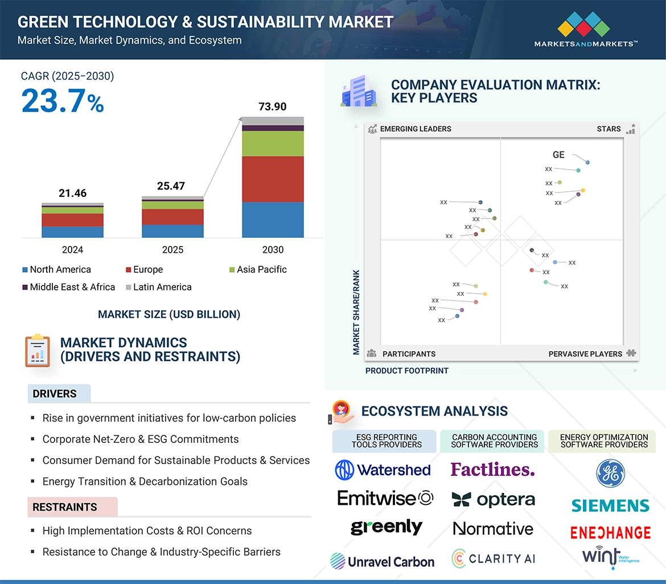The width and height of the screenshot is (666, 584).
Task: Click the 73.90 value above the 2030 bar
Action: [273, 106]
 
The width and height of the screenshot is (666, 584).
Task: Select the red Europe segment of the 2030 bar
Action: [273, 179]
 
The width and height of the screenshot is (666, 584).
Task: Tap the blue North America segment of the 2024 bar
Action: [72, 232]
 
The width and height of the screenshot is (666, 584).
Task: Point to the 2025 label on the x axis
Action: [172, 250]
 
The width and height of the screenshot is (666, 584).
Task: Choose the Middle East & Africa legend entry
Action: [68, 287]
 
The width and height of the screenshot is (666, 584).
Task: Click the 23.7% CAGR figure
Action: [63, 102]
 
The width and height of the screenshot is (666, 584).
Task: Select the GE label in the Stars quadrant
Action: [558, 155]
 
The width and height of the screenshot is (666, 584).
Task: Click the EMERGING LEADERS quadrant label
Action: [415, 129]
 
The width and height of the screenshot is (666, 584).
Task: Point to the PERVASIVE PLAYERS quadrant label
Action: [585, 354]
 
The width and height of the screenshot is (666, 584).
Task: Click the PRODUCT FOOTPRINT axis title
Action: [407, 371]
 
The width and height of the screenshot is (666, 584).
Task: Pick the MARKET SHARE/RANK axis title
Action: [356, 312]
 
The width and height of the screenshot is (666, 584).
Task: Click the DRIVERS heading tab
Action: [55, 394]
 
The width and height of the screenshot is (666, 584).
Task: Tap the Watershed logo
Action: [383, 470]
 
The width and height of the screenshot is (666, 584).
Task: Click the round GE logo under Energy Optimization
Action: [610, 474]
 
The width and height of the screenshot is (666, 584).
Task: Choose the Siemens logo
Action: [610, 505]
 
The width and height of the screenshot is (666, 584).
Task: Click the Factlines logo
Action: [493, 470]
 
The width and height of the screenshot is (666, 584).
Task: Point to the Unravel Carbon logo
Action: [383, 562]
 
